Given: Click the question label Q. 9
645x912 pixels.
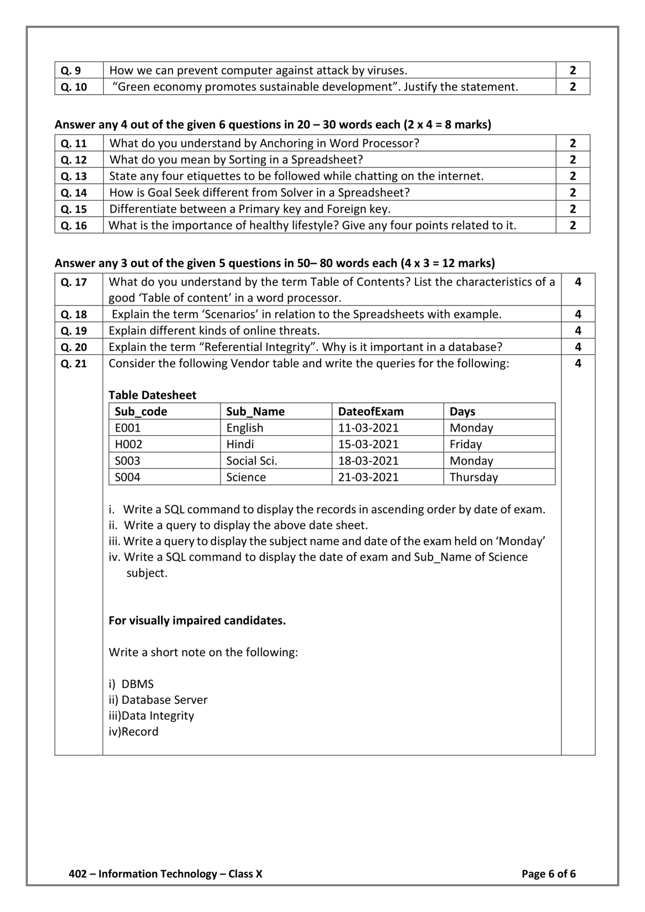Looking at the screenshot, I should click(71, 70).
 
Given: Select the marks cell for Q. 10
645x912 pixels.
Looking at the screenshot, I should click(572, 87).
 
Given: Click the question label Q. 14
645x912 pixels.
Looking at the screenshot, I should click(73, 193).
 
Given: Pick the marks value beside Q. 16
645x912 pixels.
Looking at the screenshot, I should click(572, 225).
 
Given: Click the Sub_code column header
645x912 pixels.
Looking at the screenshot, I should click(141, 411).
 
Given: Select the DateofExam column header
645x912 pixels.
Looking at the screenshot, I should click(371, 411).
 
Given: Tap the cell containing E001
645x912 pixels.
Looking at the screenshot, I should click(128, 428).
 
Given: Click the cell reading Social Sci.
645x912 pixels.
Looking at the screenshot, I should click(252, 461).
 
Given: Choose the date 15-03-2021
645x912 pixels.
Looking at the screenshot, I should click(368, 444).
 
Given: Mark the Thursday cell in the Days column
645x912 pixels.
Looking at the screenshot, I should click(474, 477).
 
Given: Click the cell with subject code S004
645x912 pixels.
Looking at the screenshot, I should click(128, 477).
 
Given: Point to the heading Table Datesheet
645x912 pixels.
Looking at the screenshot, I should click(152, 395).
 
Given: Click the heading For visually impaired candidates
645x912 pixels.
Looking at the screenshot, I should click(197, 621).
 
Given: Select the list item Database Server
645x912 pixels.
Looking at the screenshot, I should click(164, 700).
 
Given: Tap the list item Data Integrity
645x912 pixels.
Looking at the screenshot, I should click(158, 716).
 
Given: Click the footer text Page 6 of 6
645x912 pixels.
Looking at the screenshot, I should click(548, 874).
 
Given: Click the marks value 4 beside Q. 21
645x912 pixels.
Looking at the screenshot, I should click(578, 364).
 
